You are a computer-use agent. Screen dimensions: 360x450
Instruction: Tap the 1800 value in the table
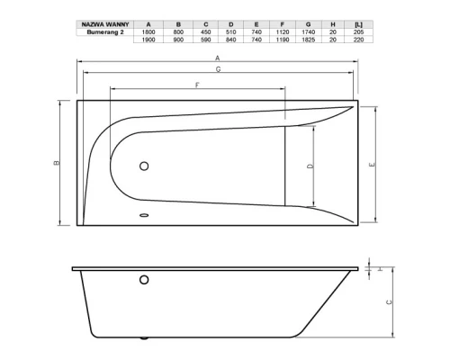pyautogui.click(x=148, y=32)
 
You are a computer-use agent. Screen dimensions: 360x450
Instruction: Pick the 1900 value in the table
pyautogui.click(x=148, y=40)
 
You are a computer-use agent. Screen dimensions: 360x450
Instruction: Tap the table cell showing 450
pyautogui.click(x=206, y=32)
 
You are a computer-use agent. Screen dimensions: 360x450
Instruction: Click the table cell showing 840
pyautogui.click(x=236, y=40)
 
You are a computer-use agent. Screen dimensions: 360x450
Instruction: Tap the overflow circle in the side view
pyautogui.click(x=143, y=281)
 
